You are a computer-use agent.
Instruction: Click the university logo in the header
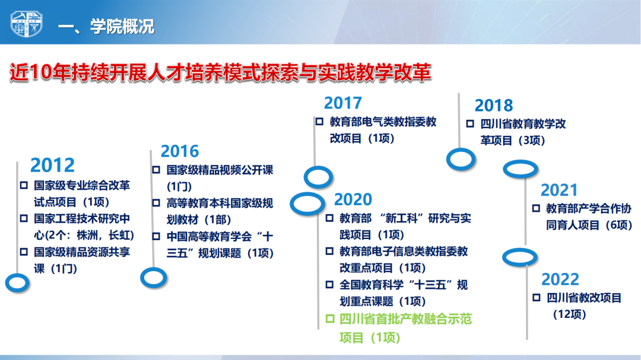(x=27, y=24)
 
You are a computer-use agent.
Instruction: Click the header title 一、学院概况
(x=106, y=27)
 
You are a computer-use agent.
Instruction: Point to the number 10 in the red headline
(x=41, y=73)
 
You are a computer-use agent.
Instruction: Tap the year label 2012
(x=52, y=165)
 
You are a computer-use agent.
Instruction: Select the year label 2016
(x=180, y=151)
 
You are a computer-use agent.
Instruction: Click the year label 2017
(x=343, y=103)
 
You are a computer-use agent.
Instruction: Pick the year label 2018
(x=493, y=106)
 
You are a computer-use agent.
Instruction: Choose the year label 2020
(x=353, y=199)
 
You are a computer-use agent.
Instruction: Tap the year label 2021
(x=559, y=190)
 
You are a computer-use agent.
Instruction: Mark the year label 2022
(x=560, y=279)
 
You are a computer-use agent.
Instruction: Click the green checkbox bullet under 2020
(x=329, y=318)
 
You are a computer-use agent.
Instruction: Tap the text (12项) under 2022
(x=569, y=314)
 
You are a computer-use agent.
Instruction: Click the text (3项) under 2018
(x=530, y=141)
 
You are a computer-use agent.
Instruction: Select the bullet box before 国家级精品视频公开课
(x=156, y=170)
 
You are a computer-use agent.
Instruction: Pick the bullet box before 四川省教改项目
(x=537, y=298)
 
